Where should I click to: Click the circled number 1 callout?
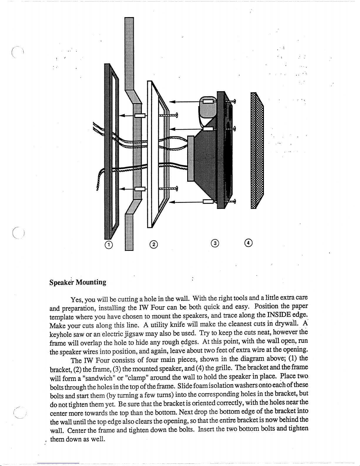pyautogui.click(x=109, y=244)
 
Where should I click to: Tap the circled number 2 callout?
pyautogui.click(x=153, y=244)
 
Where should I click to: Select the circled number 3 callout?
pyautogui.click(x=215, y=243)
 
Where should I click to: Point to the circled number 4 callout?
pyautogui.click(x=249, y=243)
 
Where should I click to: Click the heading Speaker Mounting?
pyautogui.click(x=78, y=283)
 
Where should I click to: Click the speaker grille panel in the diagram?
pyautogui.click(x=257, y=150)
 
